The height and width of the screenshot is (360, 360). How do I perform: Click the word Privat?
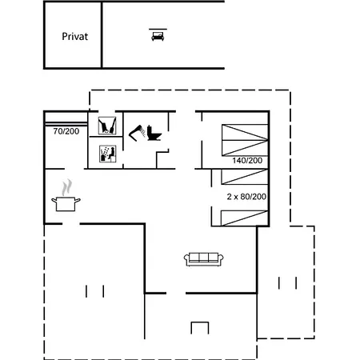[75, 37]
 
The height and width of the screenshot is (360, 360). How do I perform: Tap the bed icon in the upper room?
[158, 36]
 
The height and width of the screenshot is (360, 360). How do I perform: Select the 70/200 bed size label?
[66, 131]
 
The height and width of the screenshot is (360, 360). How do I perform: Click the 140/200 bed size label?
[247, 161]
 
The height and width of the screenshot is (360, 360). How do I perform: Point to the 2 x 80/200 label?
[246, 197]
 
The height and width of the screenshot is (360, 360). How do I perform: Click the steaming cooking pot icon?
[66, 195]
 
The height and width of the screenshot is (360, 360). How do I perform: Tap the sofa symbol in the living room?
[204, 259]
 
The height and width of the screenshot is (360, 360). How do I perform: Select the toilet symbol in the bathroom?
[154, 133]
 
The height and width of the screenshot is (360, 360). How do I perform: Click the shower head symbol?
[138, 133]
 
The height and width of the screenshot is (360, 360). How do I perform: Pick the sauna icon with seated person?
[108, 154]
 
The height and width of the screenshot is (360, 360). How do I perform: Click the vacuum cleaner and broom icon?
[107, 126]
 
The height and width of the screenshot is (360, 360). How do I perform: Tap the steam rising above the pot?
[67, 187]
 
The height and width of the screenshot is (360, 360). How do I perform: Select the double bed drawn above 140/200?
[245, 140]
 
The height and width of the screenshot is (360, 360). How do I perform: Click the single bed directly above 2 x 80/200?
[245, 177]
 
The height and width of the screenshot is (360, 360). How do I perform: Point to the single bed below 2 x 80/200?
[245, 218]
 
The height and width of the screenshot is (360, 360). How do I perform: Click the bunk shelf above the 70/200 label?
[66, 124]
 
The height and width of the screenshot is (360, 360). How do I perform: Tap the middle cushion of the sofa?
[204, 257]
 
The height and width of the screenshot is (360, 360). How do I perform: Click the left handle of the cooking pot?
[54, 200]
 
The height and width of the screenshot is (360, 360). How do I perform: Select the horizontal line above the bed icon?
[158, 29]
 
